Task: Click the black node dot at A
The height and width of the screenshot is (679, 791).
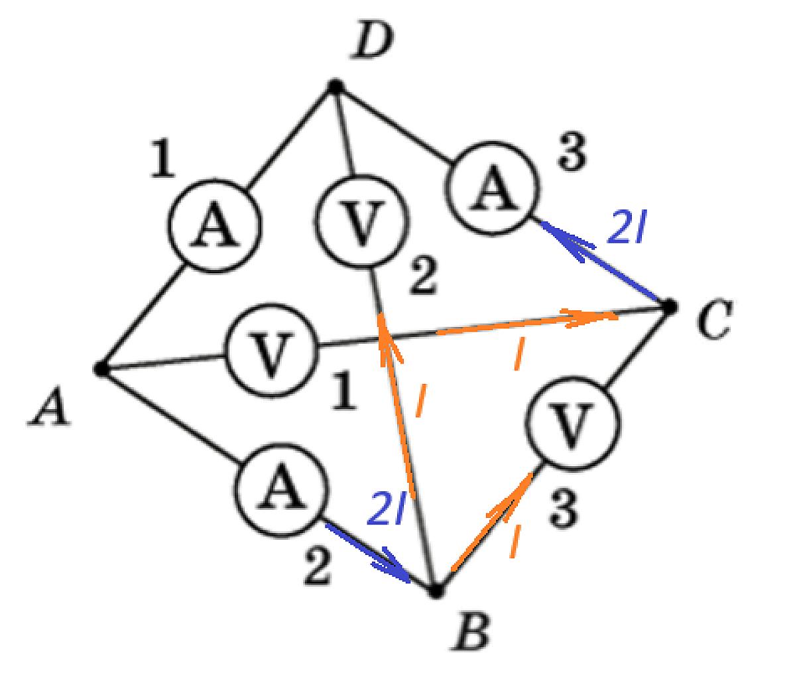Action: pyautogui.click(x=100, y=369)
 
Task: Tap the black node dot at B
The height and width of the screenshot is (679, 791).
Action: pyautogui.click(x=436, y=591)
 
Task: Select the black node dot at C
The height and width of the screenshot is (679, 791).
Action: pyautogui.click(x=670, y=306)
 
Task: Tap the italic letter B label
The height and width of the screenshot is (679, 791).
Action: pyautogui.click(x=471, y=631)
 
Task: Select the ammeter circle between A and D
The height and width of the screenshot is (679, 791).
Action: pyautogui.click(x=215, y=225)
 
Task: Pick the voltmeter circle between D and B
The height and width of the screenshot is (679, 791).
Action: pyautogui.click(x=362, y=221)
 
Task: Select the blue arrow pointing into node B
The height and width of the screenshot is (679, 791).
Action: pyautogui.click(x=367, y=553)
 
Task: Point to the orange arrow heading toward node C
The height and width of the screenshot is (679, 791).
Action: pyautogui.click(x=526, y=322)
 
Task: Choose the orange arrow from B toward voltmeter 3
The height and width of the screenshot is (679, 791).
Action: pyautogui.click(x=493, y=522)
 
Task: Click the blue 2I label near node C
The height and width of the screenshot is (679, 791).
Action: pyautogui.click(x=626, y=227)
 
